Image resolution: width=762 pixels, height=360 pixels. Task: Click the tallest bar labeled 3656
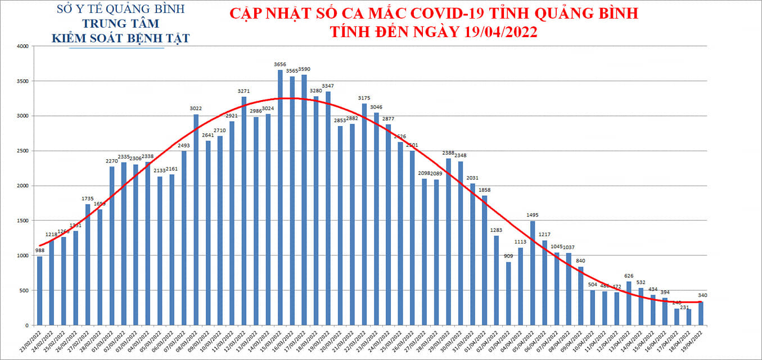pyautogui.click(x=280, y=197)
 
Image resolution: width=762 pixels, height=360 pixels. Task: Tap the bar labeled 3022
pyautogui.click(x=196, y=219)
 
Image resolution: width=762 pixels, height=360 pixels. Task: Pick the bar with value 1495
pyautogui.click(x=533, y=273)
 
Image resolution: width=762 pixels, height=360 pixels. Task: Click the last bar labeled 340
pyautogui.click(x=701, y=313)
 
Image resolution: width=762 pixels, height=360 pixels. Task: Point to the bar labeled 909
pyautogui.click(x=508, y=293)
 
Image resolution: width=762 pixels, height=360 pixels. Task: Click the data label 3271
pyautogui.click(x=244, y=91)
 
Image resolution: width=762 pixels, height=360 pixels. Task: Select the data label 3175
pyautogui.click(x=364, y=98)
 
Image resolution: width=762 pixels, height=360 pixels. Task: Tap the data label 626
pyautogui.click(x=629, y=276)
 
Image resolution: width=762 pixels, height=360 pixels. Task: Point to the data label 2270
pyautogui.click(x=112, y=160)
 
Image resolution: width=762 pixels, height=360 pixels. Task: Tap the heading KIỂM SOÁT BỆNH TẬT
pyautogui.click(x=120, y=38)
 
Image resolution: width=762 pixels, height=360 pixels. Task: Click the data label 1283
pyautogui.click(x=496, y=230)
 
